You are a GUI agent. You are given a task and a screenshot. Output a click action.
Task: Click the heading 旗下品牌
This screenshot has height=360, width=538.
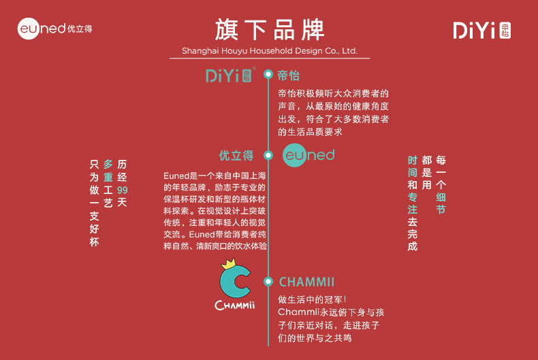click(x=269, y=30)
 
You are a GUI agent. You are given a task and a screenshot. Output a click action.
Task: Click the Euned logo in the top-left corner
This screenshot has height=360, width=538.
click(x=54, y=29)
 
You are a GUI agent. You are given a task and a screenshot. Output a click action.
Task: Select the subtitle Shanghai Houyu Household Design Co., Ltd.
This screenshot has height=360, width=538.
click(x=269, y=51)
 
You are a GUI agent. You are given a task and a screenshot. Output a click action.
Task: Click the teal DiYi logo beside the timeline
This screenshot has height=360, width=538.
click(x=231, y=75)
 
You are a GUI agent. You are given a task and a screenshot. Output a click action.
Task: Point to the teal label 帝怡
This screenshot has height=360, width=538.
click(x=289, y=75)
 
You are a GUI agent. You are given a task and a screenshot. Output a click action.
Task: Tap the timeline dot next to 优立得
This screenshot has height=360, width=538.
click(x=268, y=155)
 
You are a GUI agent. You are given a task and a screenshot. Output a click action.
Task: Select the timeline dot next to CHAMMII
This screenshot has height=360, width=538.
click(x=268, y=281)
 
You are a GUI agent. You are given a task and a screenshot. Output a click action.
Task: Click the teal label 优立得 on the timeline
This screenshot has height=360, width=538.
click(x=236, y=155)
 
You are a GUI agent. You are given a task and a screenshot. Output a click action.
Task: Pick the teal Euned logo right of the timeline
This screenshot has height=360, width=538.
click(x=308, y=155)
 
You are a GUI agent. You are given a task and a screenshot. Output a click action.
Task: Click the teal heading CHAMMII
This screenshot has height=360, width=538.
click(x=306, y=282)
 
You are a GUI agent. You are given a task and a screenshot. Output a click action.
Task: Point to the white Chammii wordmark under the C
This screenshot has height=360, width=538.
click(x=234, y=306)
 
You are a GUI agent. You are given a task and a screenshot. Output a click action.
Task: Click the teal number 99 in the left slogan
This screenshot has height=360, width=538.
click(x=122, y=190)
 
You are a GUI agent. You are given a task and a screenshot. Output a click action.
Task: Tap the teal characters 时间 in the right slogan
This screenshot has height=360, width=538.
click(x=412, y=165)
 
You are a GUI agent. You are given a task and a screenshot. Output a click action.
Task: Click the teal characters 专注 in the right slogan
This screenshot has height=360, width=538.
click(x=412, y=203)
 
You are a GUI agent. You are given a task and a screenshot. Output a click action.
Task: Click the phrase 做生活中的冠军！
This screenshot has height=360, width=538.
click(x=313, y=299)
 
